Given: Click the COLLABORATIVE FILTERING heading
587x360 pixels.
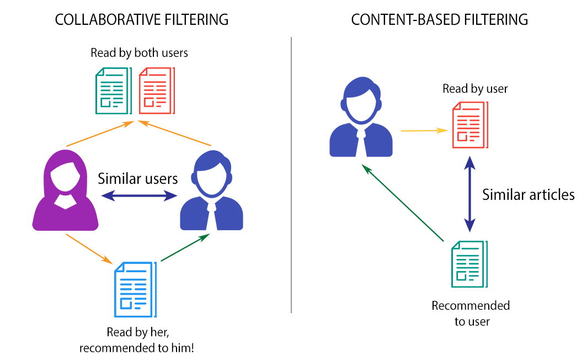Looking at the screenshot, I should click(x=142, y=20).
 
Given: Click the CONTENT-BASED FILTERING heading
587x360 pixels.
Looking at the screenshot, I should click(x=440, y=20).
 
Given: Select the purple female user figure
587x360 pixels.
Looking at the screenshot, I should click(x=65, y=190).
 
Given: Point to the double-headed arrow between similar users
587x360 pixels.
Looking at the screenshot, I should click(x=138, y=195).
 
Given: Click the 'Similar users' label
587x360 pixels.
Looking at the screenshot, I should click(x=138, y=179).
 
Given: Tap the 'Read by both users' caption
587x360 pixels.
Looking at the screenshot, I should click(x=140, y=53).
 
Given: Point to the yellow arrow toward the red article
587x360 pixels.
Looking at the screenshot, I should click(x=424, y=131).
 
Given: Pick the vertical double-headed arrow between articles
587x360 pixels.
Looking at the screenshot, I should click(x=469, y=193).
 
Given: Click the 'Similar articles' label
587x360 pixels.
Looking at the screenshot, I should click(x=529, y=194).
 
